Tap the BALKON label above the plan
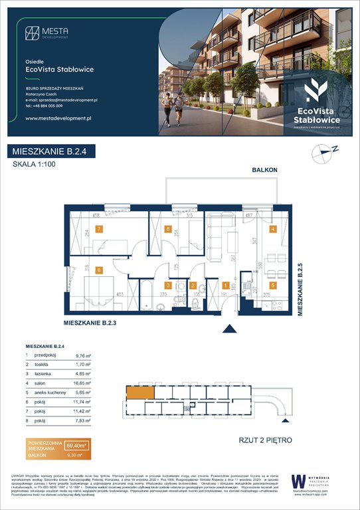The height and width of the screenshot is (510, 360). click(264, 171)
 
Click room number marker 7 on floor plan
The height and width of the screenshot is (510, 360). click(99, 229)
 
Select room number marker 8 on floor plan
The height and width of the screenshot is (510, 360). click(169, 229)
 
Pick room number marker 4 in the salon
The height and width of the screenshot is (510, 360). click(272, 230)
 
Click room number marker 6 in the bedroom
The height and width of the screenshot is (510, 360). click(99, 270)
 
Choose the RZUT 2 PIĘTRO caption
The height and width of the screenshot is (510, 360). click(266, 439)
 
